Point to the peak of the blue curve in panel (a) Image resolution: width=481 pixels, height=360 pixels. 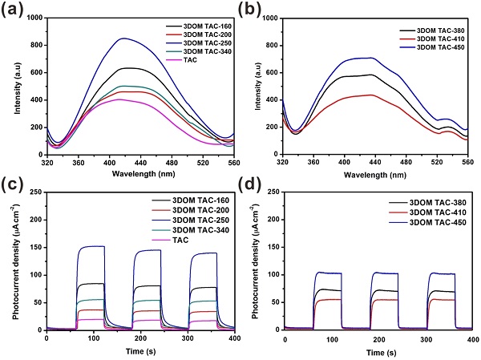pyautogui.click(x=123, y=38)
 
